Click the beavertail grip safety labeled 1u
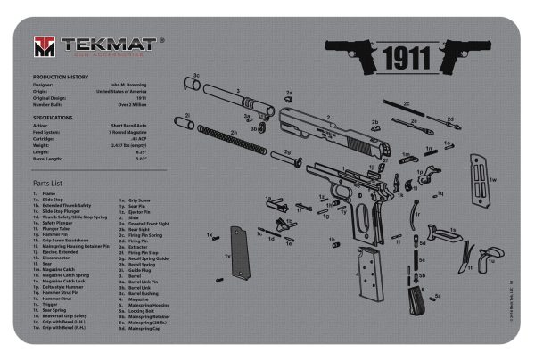click(467, 258)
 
